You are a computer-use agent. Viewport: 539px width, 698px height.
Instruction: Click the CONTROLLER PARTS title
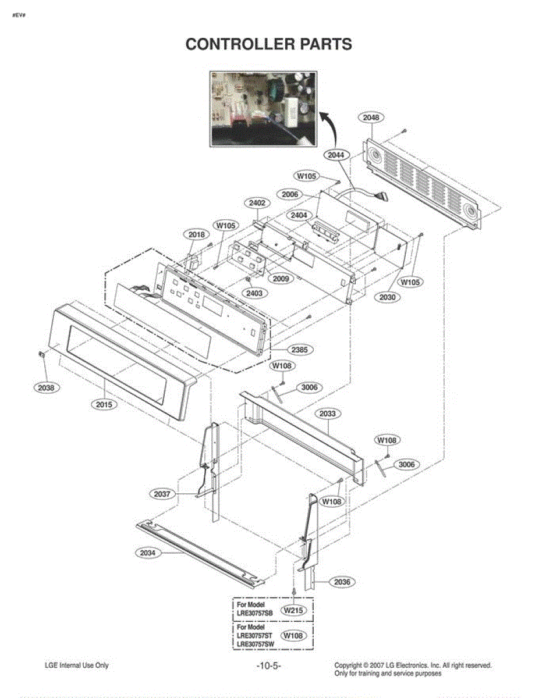coord(268,44)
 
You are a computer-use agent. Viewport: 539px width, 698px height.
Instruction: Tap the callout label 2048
coord(371,117)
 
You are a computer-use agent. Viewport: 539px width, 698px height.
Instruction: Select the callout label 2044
coord(336,155)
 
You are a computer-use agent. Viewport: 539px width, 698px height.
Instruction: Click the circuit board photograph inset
coord(263,109)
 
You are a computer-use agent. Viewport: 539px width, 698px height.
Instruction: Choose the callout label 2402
coord(257,203)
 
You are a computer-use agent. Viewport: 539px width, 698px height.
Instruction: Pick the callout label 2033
coord(328,414)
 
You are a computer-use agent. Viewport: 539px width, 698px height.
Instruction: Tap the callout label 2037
coord(162,494)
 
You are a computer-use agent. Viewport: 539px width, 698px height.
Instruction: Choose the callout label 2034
coord(148,553)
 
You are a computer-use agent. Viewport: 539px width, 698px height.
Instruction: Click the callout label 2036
coord(343,582)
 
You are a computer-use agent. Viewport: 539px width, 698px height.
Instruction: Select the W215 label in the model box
coord(295,611)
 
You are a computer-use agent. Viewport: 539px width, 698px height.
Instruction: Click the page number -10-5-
coord(268,665)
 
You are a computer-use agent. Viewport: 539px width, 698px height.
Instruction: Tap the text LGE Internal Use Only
coord(76,665)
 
